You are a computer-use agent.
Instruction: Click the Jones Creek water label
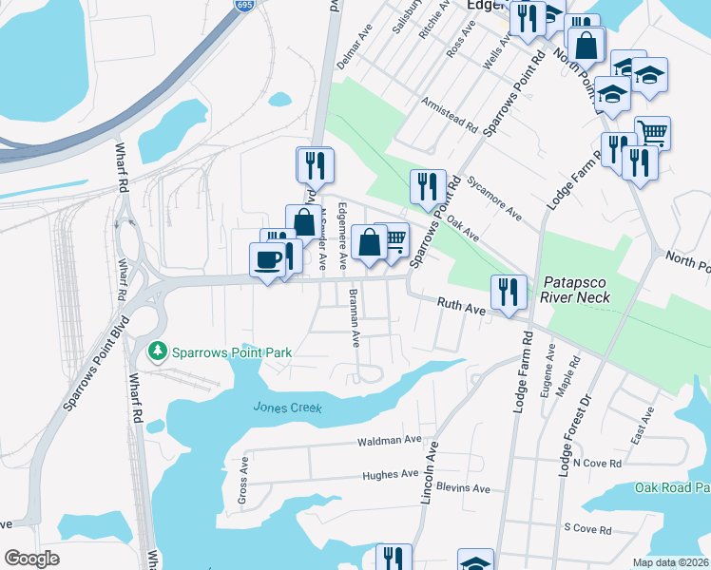point(287,408)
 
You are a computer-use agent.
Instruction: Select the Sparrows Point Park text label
point(231,352)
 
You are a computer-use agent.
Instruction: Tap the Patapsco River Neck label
point(576,291)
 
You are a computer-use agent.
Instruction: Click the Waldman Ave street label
point(389,441)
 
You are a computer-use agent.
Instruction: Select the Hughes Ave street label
point(390,474)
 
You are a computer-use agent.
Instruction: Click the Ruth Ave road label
point(461,307)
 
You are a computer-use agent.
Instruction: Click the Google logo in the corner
point(32,559)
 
